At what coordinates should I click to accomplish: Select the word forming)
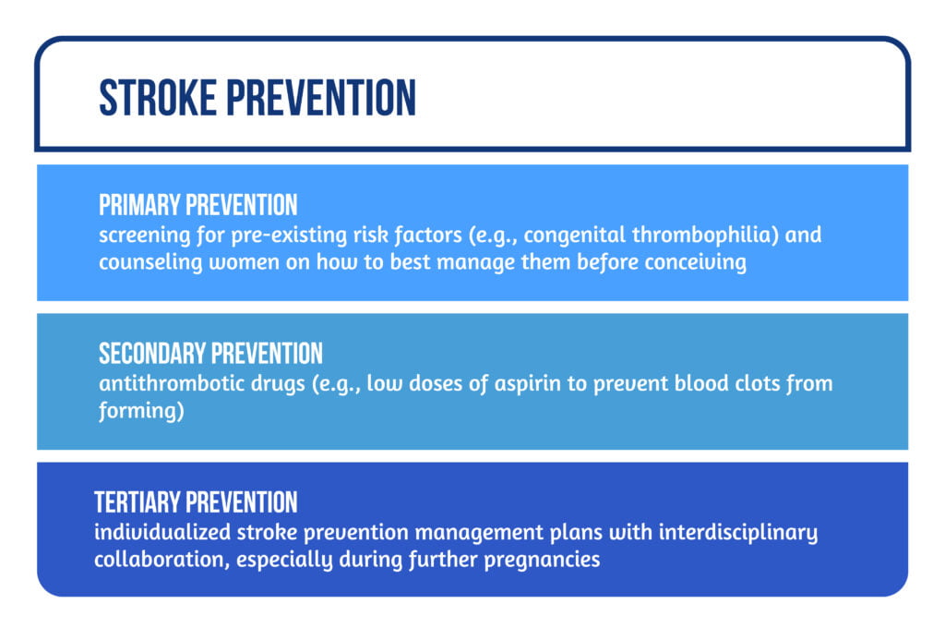(141, 410)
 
